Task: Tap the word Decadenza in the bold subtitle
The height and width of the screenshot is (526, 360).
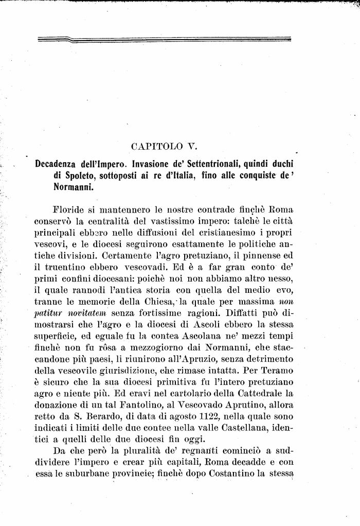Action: click(58, 164)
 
